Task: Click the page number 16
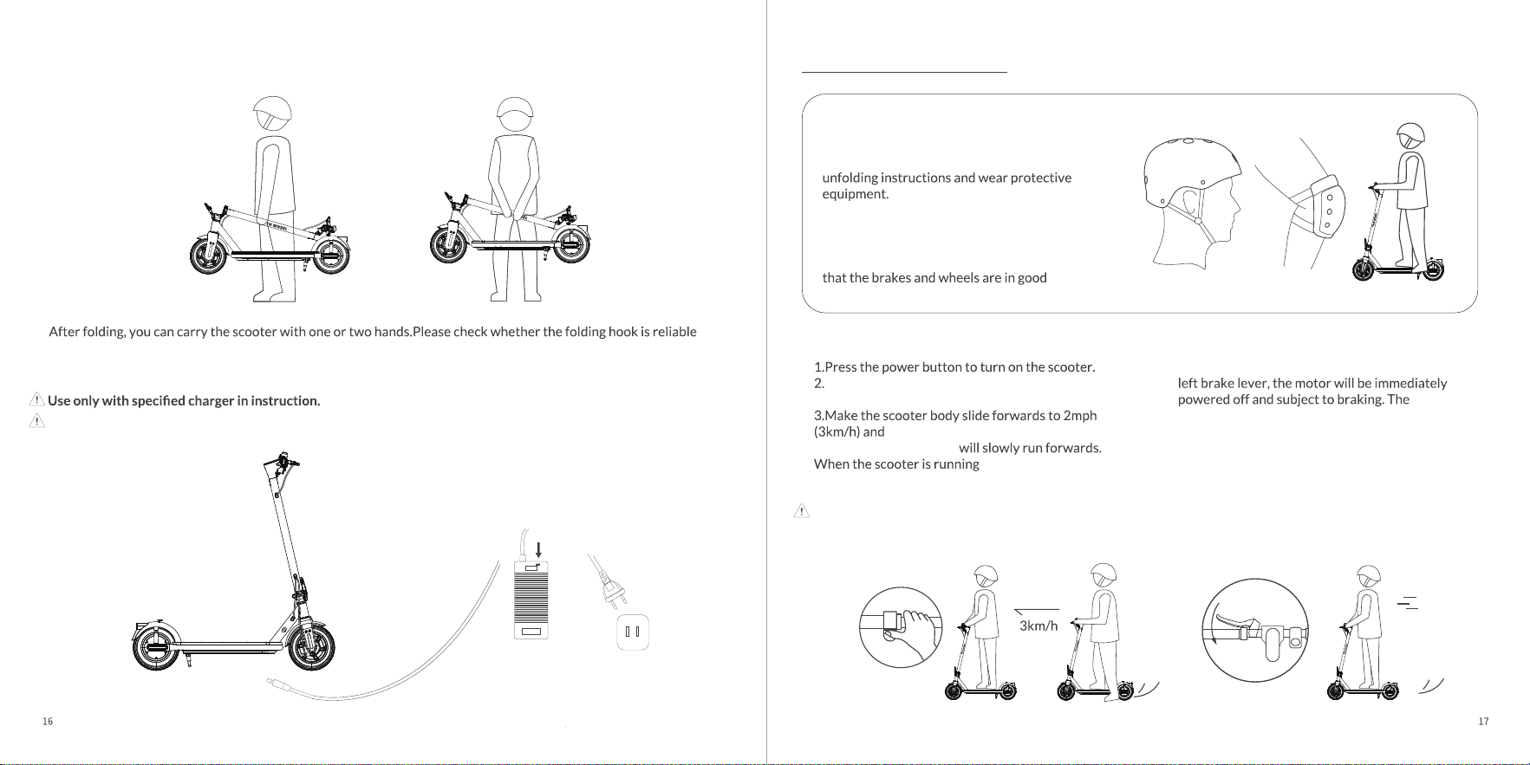point(48,722)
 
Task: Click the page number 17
point(1483,722)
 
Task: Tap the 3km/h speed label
point(1038,626)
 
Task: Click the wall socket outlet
point(632,632)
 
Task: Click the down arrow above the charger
point(539,549)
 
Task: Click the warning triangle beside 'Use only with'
point(37,399)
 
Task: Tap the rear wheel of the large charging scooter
point(156,646)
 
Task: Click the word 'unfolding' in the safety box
point(850,178)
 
